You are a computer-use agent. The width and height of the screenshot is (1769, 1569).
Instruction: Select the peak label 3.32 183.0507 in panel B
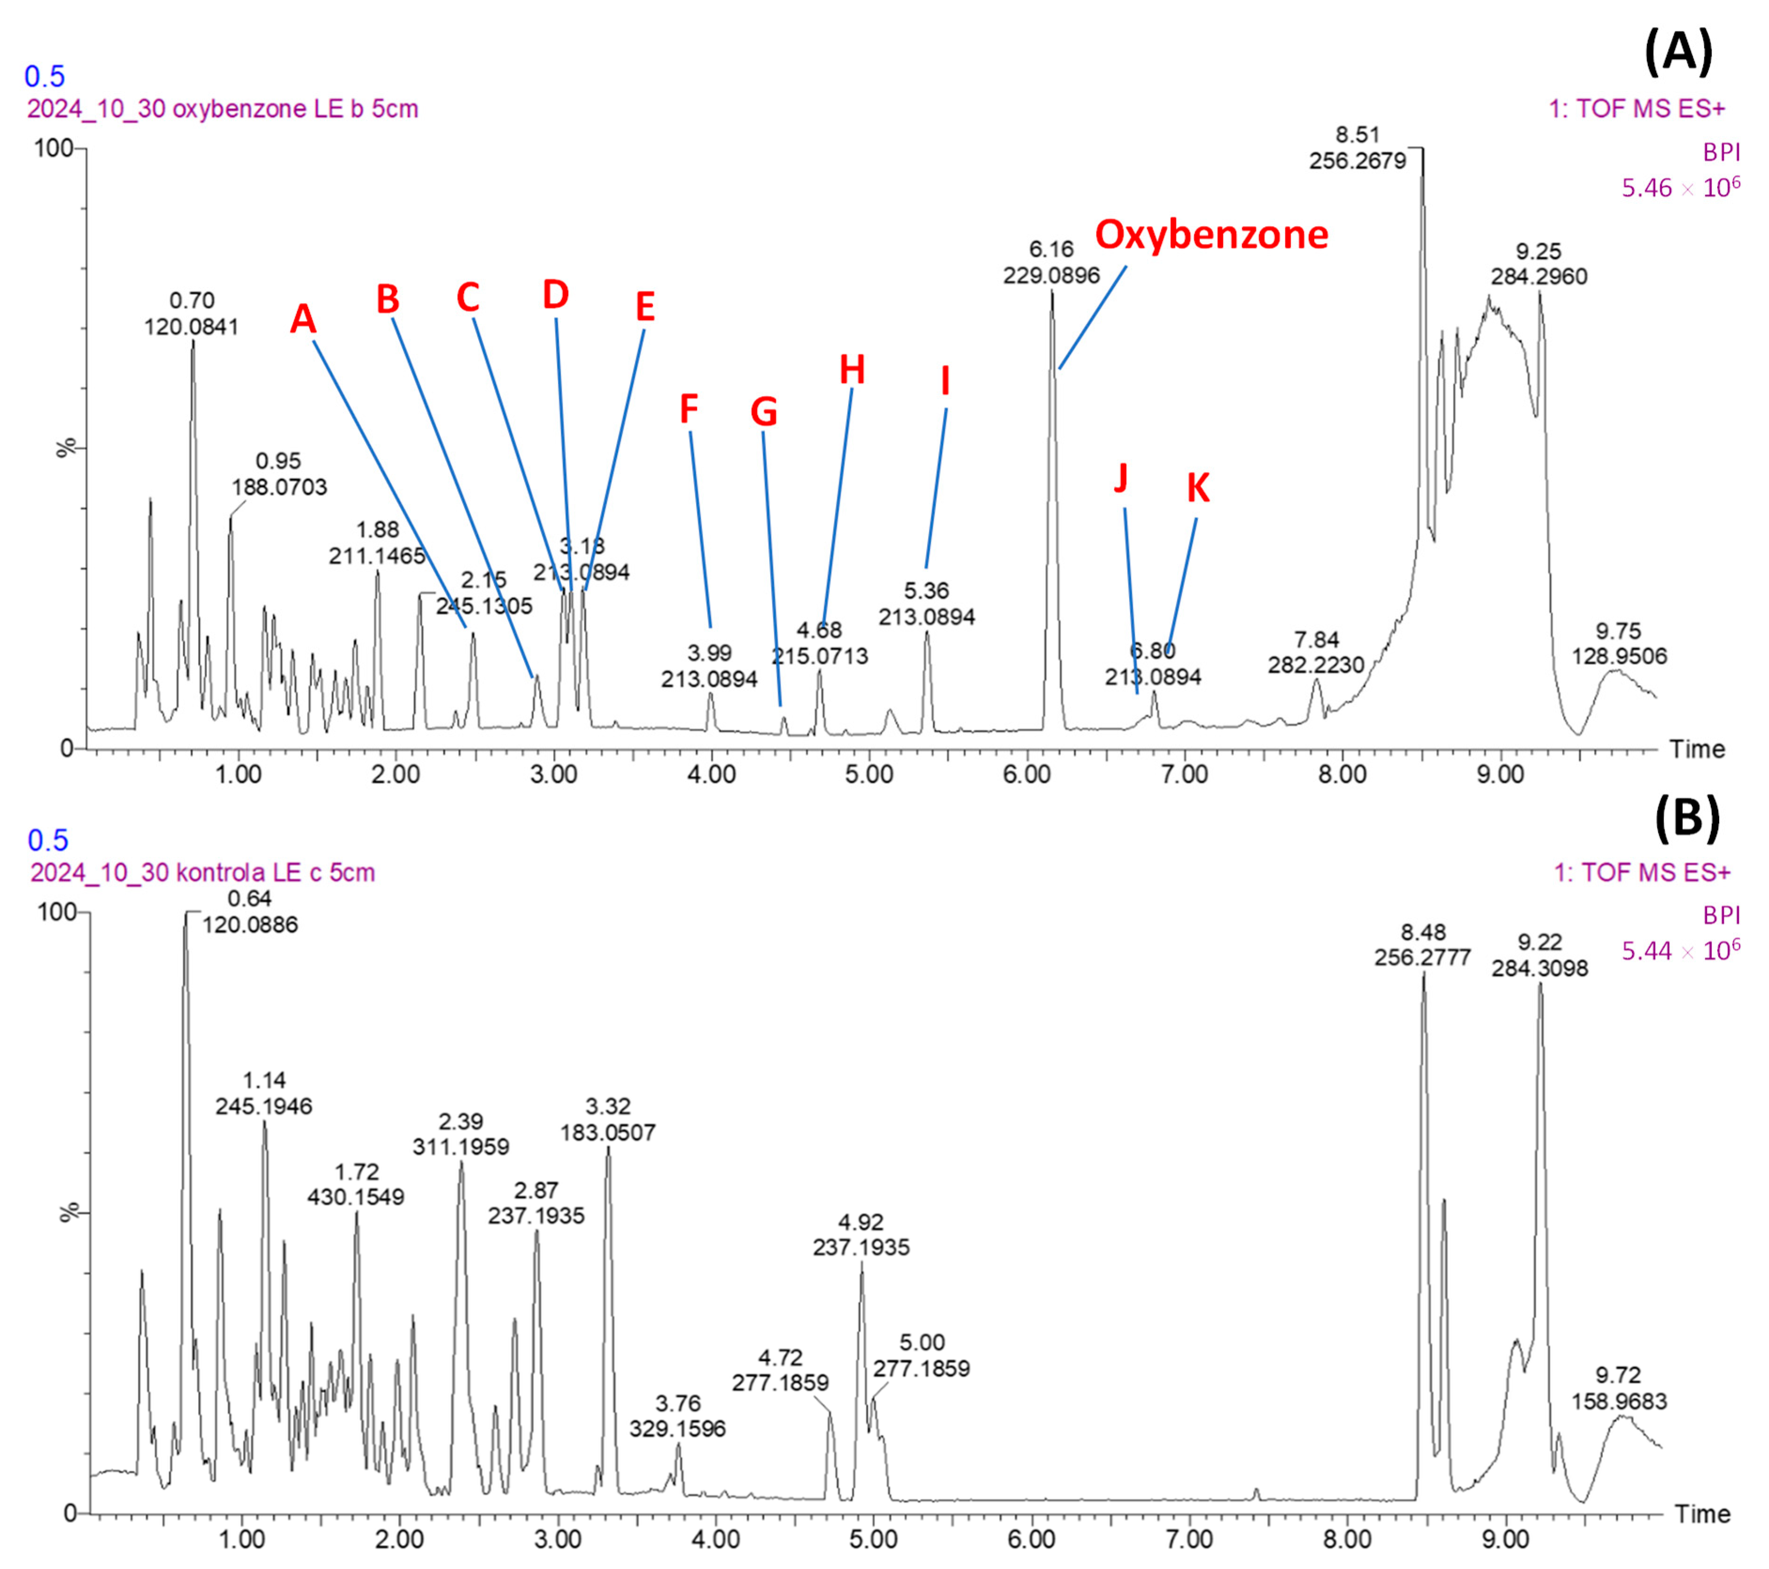[x=608, y=1119]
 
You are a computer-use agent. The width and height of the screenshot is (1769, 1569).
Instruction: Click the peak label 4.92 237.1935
[x=861, y=1235]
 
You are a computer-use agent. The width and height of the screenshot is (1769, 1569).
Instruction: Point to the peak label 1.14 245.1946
[x=264, y=1093]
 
